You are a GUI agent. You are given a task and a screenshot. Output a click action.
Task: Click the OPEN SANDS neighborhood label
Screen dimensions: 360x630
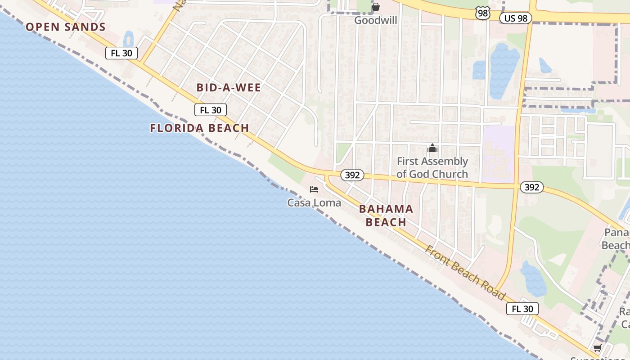[66, 27]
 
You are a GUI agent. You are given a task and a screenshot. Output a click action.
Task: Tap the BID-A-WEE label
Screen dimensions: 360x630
[229, 88]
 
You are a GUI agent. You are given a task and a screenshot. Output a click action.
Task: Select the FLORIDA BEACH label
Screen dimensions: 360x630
[199, 128]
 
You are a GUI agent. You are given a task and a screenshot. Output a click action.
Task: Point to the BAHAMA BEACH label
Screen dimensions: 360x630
[386, 216]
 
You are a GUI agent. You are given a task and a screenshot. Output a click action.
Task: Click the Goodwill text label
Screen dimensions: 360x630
[375, 20]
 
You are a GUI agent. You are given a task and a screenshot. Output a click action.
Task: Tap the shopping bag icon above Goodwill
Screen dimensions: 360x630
[376, 7]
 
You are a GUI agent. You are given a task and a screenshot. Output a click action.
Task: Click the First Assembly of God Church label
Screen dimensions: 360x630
[432, 167]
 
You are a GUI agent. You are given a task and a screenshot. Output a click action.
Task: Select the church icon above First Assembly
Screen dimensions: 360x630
[432, 148]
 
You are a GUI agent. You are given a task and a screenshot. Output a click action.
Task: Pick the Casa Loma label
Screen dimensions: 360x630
[314, 203]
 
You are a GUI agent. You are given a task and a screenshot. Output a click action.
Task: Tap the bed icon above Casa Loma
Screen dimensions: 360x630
[314, 189]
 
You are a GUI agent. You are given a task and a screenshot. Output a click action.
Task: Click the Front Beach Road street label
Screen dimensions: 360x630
[466, 273]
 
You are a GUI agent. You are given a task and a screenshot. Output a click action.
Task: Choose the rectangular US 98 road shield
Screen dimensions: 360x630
[515, 18]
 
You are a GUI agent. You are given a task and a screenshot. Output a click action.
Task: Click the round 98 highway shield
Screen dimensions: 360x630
[483, 13]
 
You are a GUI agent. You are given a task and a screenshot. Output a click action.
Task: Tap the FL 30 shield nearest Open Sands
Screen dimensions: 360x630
[121, 53]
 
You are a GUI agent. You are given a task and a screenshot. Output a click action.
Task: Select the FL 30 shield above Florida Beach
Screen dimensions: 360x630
[210, 110]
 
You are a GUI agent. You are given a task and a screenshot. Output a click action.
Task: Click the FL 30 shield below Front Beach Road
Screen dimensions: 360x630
[522, 309]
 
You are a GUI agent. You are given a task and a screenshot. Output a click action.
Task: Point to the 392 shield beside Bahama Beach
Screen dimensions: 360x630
[352, 175]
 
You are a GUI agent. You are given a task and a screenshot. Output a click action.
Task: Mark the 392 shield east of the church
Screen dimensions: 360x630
[531, 187]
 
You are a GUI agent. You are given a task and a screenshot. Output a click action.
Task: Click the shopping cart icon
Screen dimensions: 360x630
[597, 348]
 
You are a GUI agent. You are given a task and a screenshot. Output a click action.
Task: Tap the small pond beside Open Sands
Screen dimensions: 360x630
[129, 38]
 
